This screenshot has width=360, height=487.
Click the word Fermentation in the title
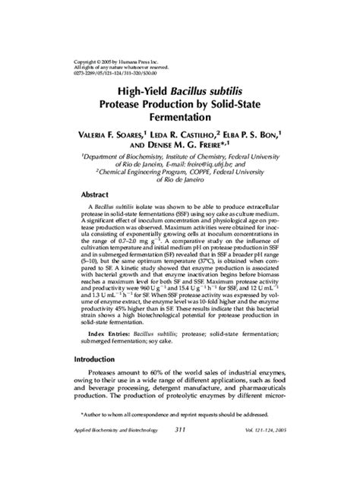coord(180,119)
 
